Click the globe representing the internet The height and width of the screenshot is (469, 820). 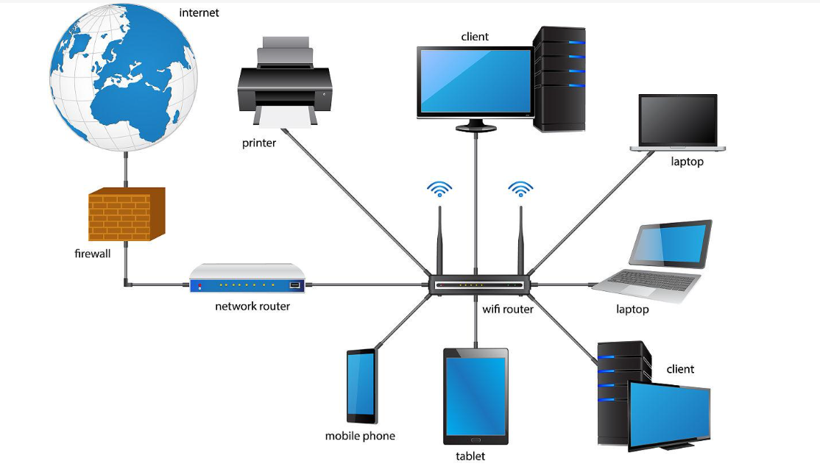124,77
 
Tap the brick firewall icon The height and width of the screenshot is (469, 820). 127,214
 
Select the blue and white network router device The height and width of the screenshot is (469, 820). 247,279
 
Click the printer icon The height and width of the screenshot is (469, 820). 285,82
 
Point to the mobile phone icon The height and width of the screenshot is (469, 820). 362,386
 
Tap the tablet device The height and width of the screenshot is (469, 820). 476,396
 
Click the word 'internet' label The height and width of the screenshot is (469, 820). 199,12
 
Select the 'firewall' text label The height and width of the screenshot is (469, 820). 93,254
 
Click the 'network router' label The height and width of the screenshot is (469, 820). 252,307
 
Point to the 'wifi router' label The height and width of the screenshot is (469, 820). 508,309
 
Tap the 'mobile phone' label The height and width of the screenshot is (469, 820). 361,436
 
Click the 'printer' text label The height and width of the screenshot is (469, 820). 259,143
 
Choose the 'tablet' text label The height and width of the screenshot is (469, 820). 470,457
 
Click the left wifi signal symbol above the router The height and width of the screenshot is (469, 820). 439,188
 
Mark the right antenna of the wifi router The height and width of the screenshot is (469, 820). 521,240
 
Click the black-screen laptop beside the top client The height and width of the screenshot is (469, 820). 678,123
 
